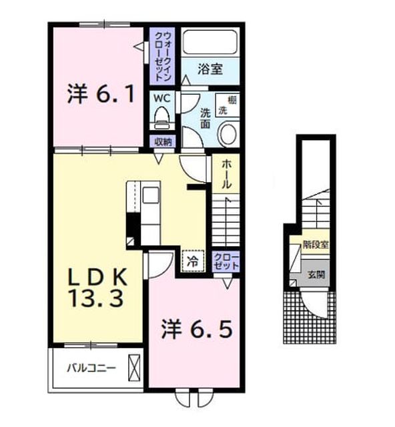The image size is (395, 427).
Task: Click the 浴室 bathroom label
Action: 210,69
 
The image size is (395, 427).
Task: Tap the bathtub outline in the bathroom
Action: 210,42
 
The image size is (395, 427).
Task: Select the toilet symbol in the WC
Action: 162,117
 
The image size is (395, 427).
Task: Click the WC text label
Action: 162,98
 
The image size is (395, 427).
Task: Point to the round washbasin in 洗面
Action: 228,133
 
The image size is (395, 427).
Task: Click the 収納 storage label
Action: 163,142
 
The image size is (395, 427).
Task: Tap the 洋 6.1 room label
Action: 101,94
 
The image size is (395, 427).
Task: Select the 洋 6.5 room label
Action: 197,329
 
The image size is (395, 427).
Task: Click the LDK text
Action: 98,276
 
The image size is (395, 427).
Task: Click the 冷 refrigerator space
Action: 193,261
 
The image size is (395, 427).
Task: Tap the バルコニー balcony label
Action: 91,368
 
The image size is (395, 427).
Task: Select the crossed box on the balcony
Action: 134,368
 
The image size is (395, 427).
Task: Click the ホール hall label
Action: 226,174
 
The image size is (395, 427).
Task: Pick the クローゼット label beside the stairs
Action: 226,261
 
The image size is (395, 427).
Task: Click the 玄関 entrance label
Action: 316,274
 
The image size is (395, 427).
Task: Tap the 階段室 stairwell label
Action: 316,245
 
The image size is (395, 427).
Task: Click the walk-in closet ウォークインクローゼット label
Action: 163,56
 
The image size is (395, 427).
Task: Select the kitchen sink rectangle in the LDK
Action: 151,195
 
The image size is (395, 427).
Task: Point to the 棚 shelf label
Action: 232,100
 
